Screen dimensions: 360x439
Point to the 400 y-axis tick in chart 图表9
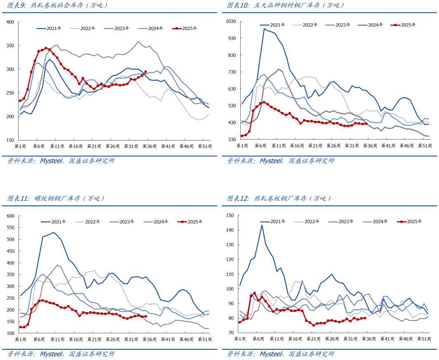coord(10,22)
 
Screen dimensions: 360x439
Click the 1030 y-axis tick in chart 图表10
coord(231,21)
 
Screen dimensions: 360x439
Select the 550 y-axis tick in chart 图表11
coord(10,228)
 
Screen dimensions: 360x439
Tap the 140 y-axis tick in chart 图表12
coord(230,230)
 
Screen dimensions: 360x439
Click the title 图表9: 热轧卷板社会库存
coord(58,5)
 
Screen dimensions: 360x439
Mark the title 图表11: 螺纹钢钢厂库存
coord(56,198)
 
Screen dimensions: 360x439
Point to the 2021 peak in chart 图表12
coord(262,225)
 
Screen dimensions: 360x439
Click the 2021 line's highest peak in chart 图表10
coord(264,28)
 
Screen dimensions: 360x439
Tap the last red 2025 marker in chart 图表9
coord(146,72)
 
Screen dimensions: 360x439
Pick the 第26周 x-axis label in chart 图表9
coord(112,146)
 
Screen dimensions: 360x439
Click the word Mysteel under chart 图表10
coord(272,161)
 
